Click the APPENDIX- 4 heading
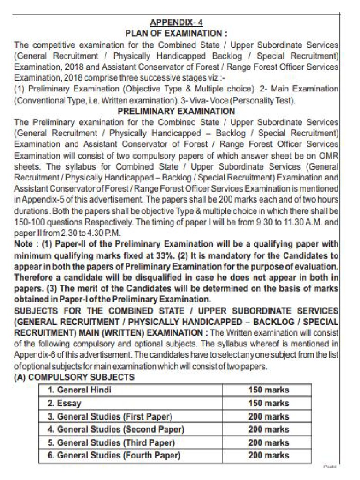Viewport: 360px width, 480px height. coord(176,23)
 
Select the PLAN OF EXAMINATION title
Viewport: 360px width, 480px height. coord(176,34)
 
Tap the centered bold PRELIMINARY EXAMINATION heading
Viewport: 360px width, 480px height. coord(176,112)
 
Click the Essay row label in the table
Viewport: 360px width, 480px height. coord(64,403)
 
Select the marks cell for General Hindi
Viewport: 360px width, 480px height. coord(269,390)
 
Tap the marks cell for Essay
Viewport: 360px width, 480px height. coord(269,403)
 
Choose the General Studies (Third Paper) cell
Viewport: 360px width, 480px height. coord(111,442)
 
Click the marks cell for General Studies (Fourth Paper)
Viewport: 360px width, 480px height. coord(269,455)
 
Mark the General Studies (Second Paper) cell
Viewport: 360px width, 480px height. coord(116,429)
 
